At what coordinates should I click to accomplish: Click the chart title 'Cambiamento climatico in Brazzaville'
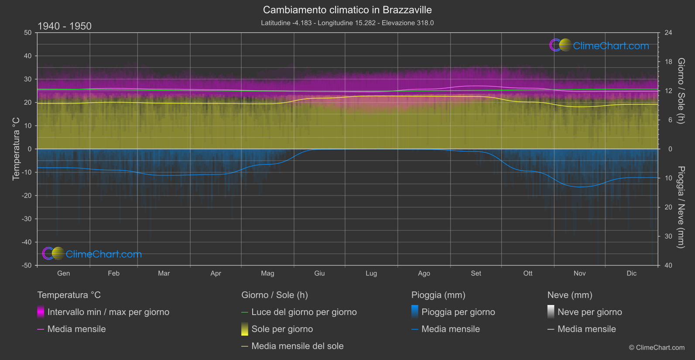pyautogui.click(x=347, y=10)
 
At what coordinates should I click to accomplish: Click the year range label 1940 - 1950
pyautogui.click(x=65, y=26)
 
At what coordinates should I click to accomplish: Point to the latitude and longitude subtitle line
pyautogui.click(x=347, y=23)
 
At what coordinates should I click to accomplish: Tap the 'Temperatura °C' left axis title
pyautogui.click(x=16, y=148)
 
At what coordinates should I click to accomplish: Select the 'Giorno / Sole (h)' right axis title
pyautogui.click(x=681, y=91)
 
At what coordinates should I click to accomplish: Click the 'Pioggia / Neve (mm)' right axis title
pyautogui.click(x=681, y=207)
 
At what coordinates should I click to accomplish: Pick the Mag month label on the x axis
pyautogui.click(x=267, y=273)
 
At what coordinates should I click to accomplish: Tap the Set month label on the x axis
pyautogui.click(x=476, y=273)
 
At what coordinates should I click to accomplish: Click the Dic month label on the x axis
pyautogui.click(x=631, y=273)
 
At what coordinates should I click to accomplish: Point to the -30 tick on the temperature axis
pyautogui.click(x=27, y=219)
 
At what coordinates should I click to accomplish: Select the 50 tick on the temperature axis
pyautogui.click(x=28, y=33)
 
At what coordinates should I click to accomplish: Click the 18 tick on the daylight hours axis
pyautogui.click(x=668, y=62)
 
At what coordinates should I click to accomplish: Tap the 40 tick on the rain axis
pyautogui.click(x=668, y=265)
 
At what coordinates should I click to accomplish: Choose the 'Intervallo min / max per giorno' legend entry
pyautogui.click(x=108, y=312)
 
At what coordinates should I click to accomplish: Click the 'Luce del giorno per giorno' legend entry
pyautogui.click(x=304, y=312)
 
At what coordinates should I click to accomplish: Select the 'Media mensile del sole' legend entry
pyautogui.click(x=298, y=346)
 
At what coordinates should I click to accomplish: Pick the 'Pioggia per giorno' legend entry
pyautogui.click(x=458, y=312)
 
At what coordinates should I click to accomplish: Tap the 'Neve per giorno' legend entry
pyautogui.click(x=590, y=312)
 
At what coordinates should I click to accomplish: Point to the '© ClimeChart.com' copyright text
pyautogui.click(x=657, y=347)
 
